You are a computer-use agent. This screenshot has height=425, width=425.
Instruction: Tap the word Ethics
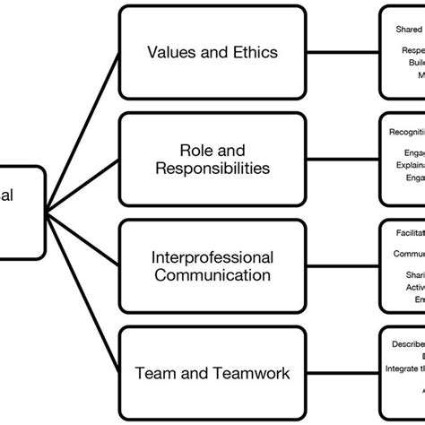[253, 51]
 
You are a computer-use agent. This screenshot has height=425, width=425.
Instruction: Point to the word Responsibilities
[212, 169]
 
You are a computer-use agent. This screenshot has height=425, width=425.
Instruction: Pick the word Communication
[212, 275]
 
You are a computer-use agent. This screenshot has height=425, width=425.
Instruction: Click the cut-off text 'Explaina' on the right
[410, 165]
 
